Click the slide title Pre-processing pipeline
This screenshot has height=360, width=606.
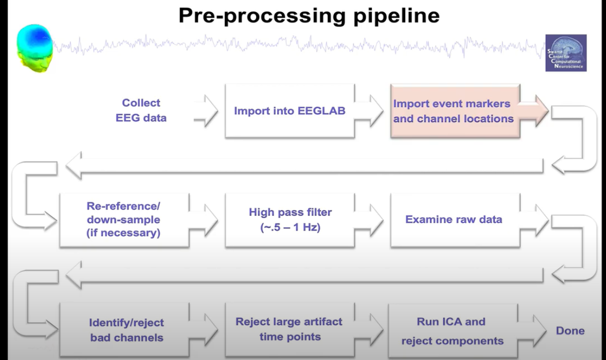(309, 15)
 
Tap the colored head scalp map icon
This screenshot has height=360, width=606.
(34, 49)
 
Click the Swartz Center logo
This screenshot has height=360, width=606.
(566, 53)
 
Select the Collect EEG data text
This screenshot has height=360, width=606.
(141, 110)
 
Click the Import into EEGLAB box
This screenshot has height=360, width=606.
(289, 111)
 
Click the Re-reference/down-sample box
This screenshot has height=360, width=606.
(123, 219)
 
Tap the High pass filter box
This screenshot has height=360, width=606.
(290, 220)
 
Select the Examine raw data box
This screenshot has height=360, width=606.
(453, 220)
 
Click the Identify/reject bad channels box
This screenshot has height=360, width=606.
(126, 330)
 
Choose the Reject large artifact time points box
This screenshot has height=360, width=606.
(289, 329)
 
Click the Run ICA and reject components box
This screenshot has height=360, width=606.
(452, 331)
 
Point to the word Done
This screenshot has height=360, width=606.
(570, 331)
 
